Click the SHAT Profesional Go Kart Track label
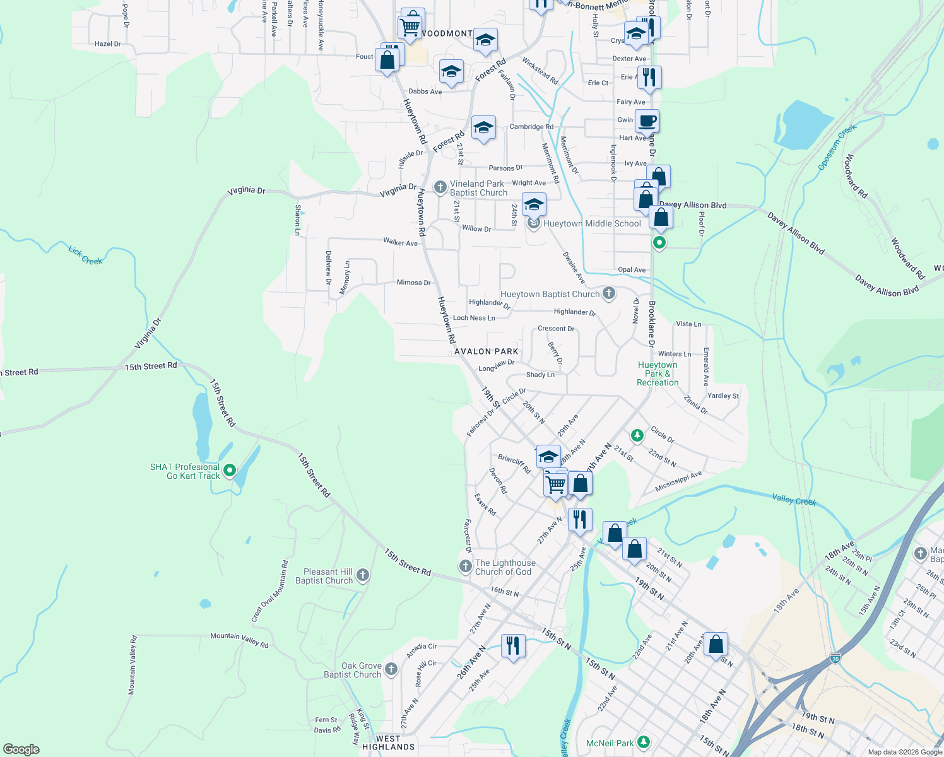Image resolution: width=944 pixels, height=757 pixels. coord(185,471)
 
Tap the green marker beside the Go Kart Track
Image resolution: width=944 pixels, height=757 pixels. coord(230,470)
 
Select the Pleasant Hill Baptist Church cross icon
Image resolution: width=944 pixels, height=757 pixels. coord(362,575)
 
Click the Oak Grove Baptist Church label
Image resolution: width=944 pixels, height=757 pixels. coord(353,670)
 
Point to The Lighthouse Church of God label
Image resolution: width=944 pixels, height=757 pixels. coord(505,567)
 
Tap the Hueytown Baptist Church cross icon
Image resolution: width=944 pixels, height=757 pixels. coord(609,293)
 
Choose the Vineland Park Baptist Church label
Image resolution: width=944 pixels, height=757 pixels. coord(478,188)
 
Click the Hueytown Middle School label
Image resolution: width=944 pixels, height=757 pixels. coord(592,223)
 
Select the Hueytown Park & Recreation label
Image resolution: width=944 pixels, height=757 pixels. coord(658,373)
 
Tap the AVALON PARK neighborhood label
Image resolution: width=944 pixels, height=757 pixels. coord(487,351)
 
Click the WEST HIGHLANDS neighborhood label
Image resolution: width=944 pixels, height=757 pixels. coord(388,742)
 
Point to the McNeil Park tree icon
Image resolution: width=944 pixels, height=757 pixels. coord(643,741)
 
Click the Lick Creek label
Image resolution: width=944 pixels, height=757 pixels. coord(85,255)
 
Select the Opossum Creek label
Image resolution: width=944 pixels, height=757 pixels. coord(837,146)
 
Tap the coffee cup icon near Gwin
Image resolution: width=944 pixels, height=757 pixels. coord(647,120)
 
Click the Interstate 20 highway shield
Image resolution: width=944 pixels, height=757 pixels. coord(835,658)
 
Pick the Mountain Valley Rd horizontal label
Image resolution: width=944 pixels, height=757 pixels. coord(239,640)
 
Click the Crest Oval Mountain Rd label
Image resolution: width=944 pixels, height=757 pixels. coord(270,592)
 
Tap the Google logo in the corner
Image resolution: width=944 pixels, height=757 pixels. coord(21,749)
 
